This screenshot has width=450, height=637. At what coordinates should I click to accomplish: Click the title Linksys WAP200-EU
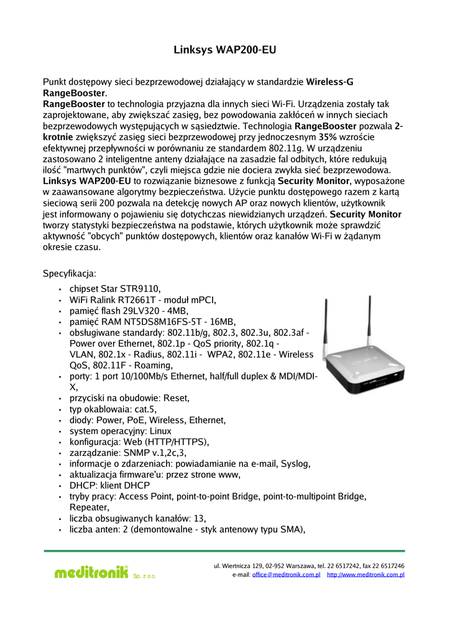(x=224, y=50)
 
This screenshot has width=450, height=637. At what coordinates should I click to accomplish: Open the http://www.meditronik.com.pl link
(x=365, y=575)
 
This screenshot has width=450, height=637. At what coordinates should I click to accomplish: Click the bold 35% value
(x=328, y=137)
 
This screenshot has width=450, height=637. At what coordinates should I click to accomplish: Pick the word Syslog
(x=295, y=463)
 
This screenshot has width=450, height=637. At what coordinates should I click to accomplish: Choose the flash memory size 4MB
(x=177, y=310)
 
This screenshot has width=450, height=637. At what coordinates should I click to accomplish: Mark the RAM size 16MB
(x=223, y=322)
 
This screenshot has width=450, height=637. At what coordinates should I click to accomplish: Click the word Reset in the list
(x=177, y=398)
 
